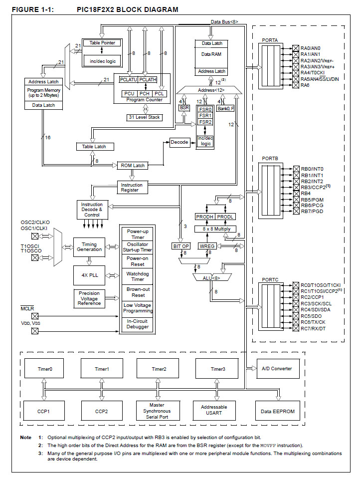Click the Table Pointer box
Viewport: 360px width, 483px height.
point(102,43)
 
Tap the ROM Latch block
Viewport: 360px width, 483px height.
point(132,165)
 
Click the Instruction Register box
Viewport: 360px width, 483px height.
point(132,188)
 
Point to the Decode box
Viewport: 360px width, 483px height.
point(180,142)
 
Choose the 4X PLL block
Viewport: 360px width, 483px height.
point(89,275)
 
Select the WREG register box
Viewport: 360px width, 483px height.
point(206,246)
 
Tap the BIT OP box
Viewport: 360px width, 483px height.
point(181,246)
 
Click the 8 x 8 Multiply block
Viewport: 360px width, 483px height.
point(216,228)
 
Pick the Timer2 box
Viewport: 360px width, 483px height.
point(159,369)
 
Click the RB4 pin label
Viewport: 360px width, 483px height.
point(306,193)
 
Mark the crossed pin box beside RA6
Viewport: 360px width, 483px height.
point(296,85)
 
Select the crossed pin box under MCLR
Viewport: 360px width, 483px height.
point(35,316)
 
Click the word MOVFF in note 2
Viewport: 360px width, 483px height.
point(268,445)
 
